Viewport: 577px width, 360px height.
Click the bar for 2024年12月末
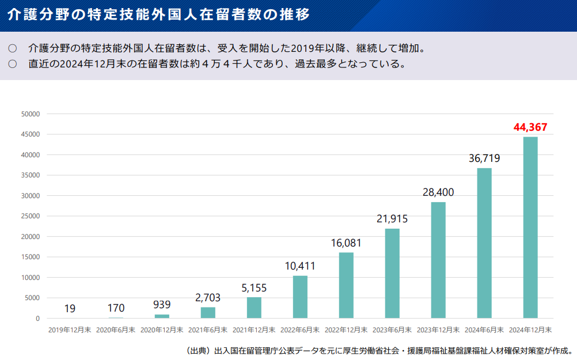point(530,228)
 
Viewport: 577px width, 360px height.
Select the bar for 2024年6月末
point(484,243)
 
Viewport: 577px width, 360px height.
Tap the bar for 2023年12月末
point(438,260)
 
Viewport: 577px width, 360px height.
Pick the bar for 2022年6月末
point(300,297)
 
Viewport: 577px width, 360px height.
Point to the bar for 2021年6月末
point(208,312)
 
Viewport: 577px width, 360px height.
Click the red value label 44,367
point(530,127)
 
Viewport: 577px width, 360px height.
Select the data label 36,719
point(484,158)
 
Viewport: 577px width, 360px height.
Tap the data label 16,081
point(346,243)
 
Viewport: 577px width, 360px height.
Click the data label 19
point(70,309)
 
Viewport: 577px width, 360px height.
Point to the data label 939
point(162,305)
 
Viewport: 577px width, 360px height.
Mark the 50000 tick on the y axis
point(30,114)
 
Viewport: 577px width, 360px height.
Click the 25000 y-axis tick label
point(30,216)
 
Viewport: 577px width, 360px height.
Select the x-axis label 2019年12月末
point(70,330)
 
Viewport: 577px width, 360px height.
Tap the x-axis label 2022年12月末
point(346,330)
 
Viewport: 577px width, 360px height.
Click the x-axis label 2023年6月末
point(392,330)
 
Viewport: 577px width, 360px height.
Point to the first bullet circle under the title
point(13,48)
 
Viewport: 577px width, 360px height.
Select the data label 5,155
point(254,288)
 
